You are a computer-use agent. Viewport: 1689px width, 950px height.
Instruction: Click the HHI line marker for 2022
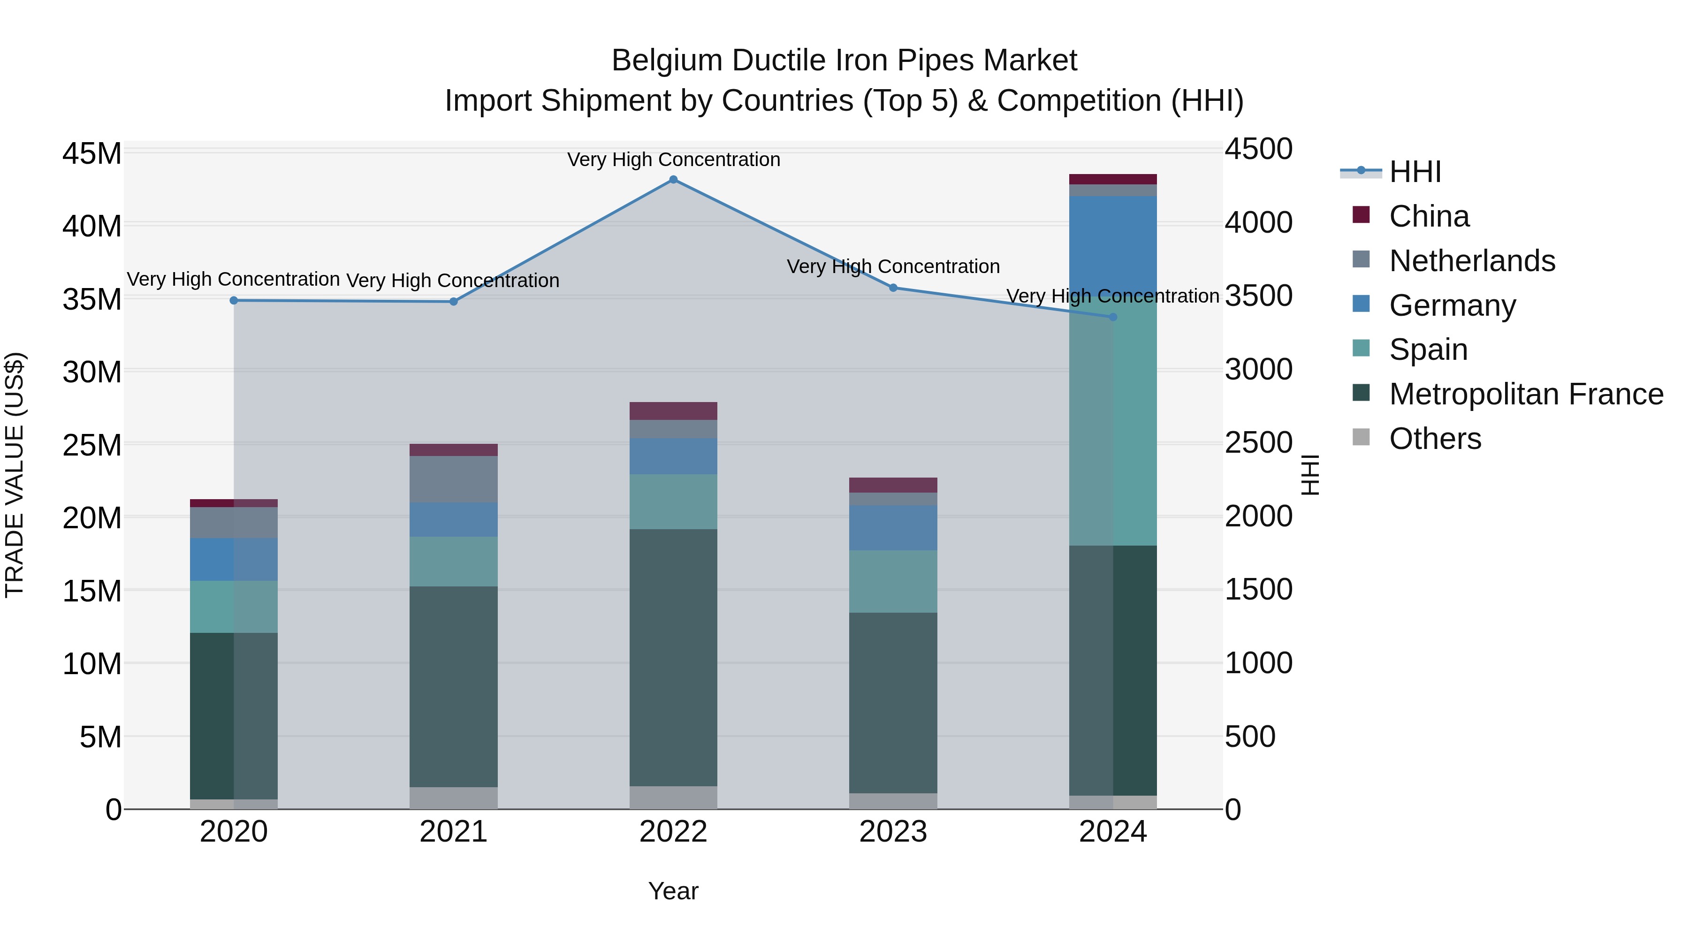pos(673,180)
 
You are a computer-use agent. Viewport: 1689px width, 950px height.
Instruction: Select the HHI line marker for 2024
pos(1113,317)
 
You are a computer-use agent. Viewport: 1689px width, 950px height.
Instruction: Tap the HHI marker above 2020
pos(234,301)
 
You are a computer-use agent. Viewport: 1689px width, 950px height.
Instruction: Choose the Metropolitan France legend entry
pos(1526,394)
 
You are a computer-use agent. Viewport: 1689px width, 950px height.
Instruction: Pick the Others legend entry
pos(1435,439)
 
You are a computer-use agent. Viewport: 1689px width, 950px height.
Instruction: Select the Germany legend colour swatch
pos(1361,304)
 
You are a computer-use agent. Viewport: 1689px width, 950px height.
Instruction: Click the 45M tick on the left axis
pos(92,154)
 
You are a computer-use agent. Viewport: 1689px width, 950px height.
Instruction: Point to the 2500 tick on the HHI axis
pos(1258,443)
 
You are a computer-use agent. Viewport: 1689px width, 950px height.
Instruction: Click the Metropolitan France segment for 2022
pos(673,656)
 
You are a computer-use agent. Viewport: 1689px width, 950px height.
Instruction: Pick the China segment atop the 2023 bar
pos(893,485)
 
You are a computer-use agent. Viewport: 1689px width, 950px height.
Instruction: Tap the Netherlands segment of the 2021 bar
pos(453,479)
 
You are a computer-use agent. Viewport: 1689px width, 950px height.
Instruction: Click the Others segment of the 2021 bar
pos(453,798)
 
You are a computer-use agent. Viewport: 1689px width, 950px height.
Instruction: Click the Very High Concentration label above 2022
pos(673,160)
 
